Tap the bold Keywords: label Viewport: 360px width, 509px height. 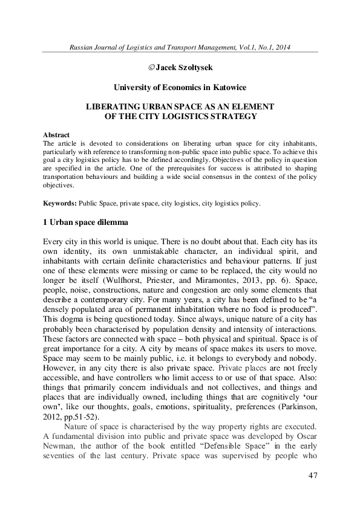pos(60,204)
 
